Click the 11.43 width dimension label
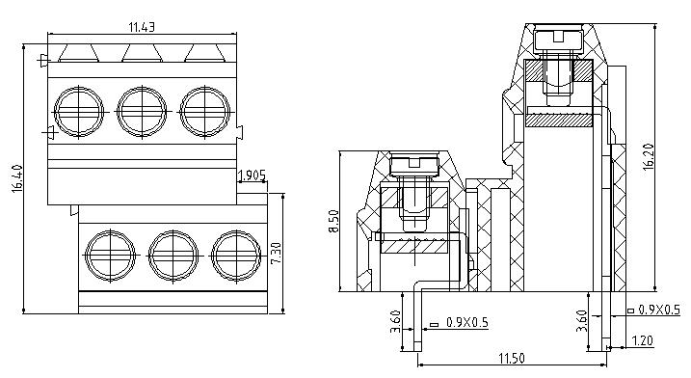click(142, 27)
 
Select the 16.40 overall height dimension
click(16, 178)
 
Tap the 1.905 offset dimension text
click(252, 176)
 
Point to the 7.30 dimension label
click(276, 254)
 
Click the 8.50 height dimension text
click(334, 222)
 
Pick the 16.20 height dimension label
click(649, 156)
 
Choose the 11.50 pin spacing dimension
click(512, 358)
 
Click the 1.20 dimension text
click(643, 340)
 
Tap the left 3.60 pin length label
click(396, 321)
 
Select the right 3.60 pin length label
click(582, 321)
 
